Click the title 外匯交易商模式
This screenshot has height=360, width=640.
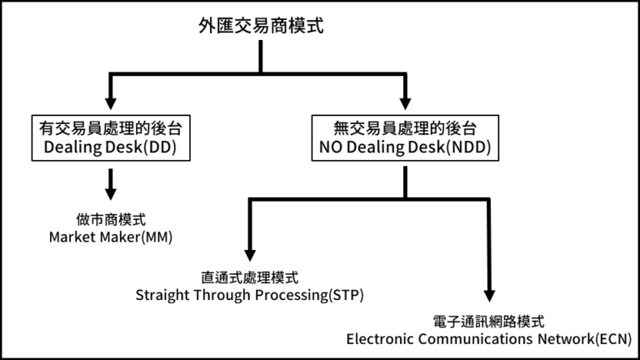262,25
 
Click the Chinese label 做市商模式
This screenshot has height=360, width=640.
111,219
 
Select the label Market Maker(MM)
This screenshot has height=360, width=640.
111,237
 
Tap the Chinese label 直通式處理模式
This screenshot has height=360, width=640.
249,277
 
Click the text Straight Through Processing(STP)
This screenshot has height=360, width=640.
249,295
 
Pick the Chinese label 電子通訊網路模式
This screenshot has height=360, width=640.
489,321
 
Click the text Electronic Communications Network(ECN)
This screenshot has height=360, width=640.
489,339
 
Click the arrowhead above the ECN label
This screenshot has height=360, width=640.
489,295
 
